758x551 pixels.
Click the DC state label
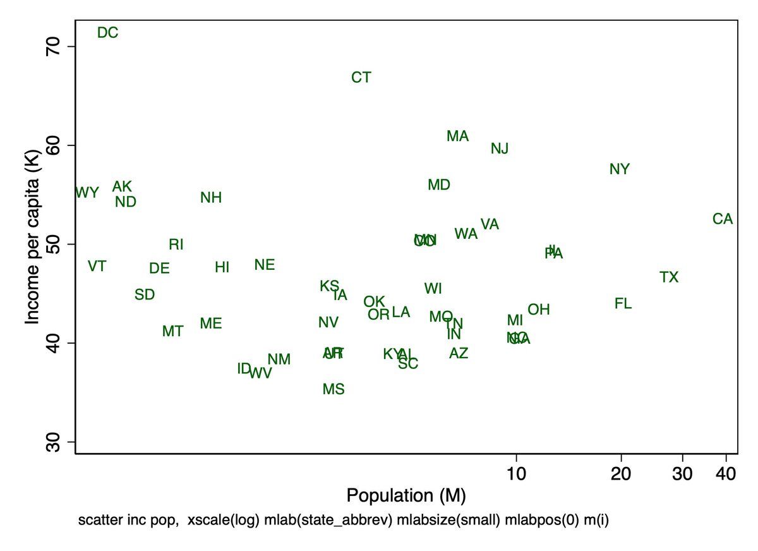[108, 33]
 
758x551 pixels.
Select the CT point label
[361, 78]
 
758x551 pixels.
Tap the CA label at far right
[723, 219]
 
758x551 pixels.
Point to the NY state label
[620, 169]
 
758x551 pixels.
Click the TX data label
[669, 277]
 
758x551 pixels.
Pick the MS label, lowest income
[334, 389]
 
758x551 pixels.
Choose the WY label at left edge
[87, 193]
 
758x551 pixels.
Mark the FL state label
[623, 303]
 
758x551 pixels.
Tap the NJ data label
[500, 148]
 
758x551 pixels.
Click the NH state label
[211, 198]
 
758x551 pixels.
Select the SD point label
[145, 294]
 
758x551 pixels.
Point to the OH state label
[539, 310]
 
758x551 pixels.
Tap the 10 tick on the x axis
[517, 474]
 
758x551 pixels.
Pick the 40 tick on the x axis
[727, 474]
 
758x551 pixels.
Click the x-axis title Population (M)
[406, 495]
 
